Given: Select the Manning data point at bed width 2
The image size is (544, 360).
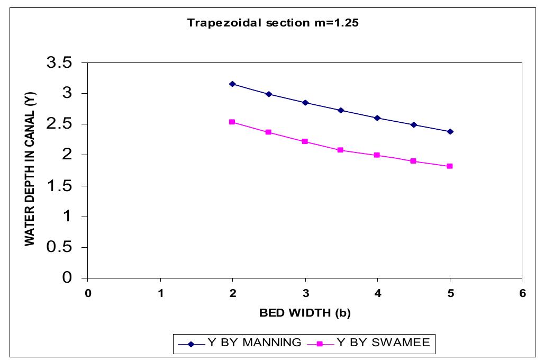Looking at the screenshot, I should click(232, 84).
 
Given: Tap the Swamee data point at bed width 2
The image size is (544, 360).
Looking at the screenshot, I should click(232, 122).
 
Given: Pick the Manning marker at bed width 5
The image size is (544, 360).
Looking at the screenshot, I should click(450, 131).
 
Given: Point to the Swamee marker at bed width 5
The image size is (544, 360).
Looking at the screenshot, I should click(450, 166).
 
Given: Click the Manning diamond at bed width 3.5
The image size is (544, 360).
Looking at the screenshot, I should click(341, 110).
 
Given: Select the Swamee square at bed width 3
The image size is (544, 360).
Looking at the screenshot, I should click(305, 141).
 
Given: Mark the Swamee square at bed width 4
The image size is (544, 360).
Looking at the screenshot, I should click(377, 155).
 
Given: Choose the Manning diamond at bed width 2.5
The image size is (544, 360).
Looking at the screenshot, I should click(269, 94).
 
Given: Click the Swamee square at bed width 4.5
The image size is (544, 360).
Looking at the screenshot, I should click(413, 161).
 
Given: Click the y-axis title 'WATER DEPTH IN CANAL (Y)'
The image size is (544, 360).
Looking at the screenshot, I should click(30, 170).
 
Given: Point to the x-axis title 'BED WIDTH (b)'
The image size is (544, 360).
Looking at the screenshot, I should click(305, 312).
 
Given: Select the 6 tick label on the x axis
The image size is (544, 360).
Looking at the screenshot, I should click(522, 293).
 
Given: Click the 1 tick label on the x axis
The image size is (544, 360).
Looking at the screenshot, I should click(160, 293).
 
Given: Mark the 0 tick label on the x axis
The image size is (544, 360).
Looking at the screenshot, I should click(88, 293).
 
